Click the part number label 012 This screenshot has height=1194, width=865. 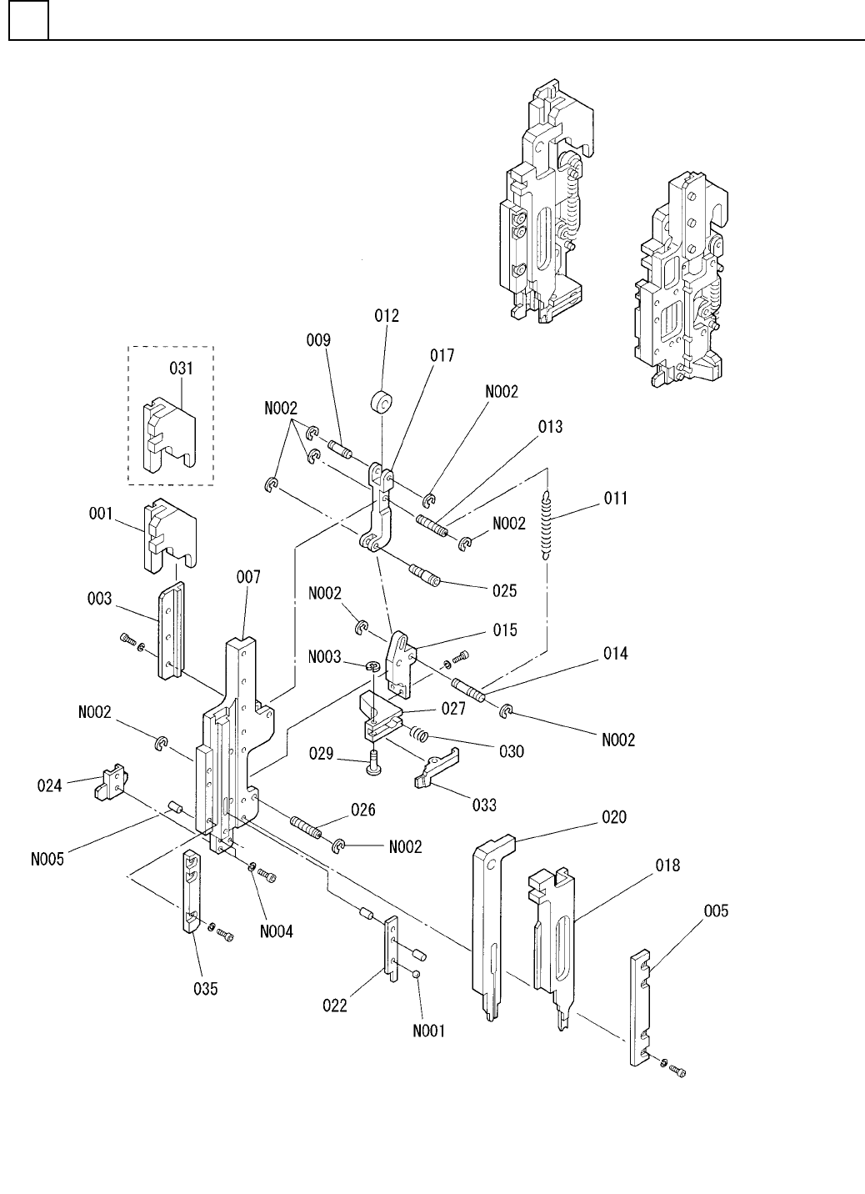387,316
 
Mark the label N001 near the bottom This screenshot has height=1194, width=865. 428,1031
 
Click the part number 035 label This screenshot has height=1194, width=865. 200,989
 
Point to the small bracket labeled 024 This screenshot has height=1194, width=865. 111,784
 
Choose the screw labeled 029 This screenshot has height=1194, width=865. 372,760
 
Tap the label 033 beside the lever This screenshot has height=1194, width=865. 483,805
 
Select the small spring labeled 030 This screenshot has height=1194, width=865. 420,735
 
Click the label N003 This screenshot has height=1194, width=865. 326,658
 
